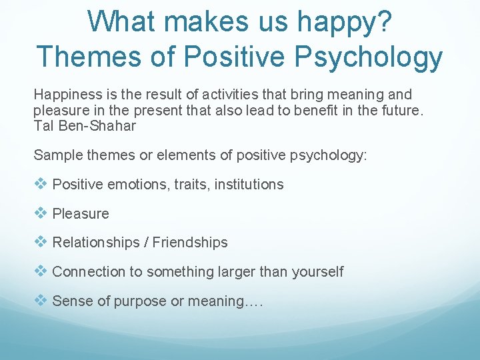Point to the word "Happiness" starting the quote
click(x=65, y=95)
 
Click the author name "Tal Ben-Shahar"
click(x=85, y=125)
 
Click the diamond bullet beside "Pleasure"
click(x=41, y=213)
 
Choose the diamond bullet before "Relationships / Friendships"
click(x=41, y=242)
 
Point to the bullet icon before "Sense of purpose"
click(x=41, y=301)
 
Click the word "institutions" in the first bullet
click(x=249, y=185)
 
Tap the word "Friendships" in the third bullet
click(x=190, y=243)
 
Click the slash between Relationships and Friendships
click(x=145, y=243)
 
